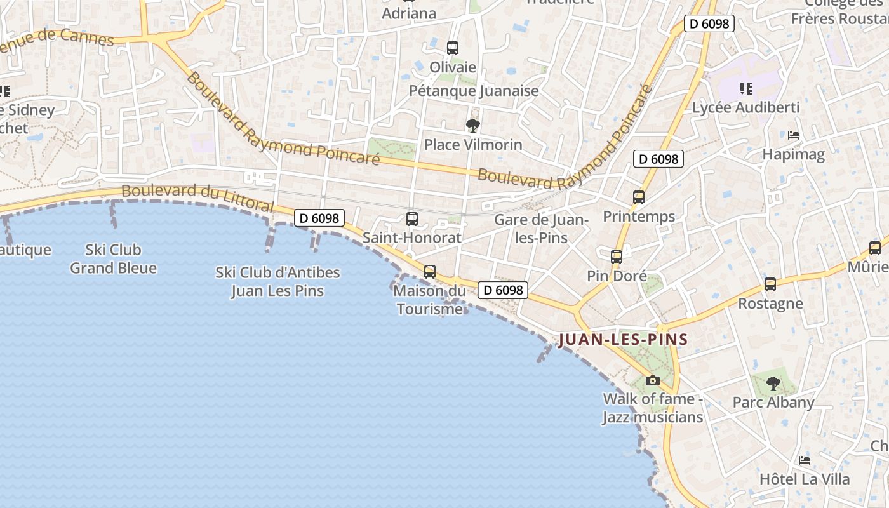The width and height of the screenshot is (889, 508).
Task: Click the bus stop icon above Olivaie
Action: (x=453, y=48)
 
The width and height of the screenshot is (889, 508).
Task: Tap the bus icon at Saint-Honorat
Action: (x=412, y=219)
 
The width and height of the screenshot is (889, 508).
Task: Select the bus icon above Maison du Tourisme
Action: (x=430, y=272)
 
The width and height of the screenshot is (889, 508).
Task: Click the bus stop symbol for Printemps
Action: (x=639, y=197)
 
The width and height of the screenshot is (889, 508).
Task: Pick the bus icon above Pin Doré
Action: (x=617, y=257)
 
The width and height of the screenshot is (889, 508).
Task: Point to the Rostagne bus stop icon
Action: (x=770, y=284)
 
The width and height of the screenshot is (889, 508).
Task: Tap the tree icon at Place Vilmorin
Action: (x=472, y=126)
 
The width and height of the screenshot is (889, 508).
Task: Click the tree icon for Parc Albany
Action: (x=773, y=383)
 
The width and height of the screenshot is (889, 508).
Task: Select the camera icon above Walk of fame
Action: (x=652, y=381)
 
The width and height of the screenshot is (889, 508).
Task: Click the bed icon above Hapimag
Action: (x=794, y=135)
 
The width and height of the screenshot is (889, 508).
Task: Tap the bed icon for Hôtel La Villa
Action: (x=805, y=460)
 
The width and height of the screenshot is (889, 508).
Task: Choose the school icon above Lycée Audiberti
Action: (x=745, y=89)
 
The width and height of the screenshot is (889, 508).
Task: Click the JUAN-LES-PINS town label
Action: (x=623, y=340)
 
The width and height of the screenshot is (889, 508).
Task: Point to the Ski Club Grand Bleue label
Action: (x=114, y=259)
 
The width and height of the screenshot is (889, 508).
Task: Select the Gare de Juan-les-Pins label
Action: (x=542, y=229)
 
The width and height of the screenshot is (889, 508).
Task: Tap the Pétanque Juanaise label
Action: (x=474, y=91)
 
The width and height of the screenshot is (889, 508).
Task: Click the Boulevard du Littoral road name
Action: (x=197, y=198)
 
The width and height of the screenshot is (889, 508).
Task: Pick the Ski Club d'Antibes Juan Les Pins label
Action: (x=277, y=281)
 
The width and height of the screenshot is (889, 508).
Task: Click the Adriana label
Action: (x=409, y=13)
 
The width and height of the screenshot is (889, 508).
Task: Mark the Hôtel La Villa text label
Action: (x=805, y=479)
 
